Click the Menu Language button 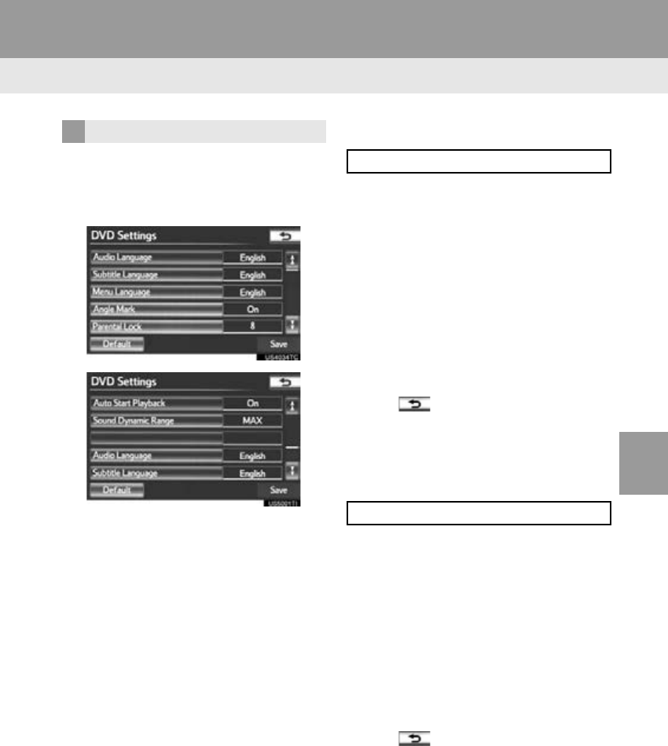pyautogui.click(x=154, y=292)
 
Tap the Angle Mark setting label pyautogui.click(x=154, y=309)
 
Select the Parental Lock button pyautogui.click(x=154, y=326)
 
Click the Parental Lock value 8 pyautogui.click(x=252, y=326)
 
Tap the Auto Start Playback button pyautogui.click(x=154, y=404)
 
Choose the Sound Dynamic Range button pyautogui.click(x=154, y=421)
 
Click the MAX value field pyautogui.click(x=252, y=421)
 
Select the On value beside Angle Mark pyautogui.click(x=252, y=309)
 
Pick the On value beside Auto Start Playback pyautogui.click(x=252, y=404)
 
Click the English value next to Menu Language pyautogui.click(x=252, y=292)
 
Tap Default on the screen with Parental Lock pyautogui.click(x=116, y=344)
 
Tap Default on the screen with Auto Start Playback pyautogui.click(x=116, y=490)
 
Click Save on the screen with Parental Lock pyautogui.click(x=278, y=344)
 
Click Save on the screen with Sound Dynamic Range pyautogui.click(x=278, y=490)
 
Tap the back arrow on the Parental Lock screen pyautogui.click(x=284, y=236)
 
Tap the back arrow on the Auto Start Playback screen pyautogui.click(x=284, y=382)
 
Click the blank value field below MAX pyautogui.click(x=252, y=438)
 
